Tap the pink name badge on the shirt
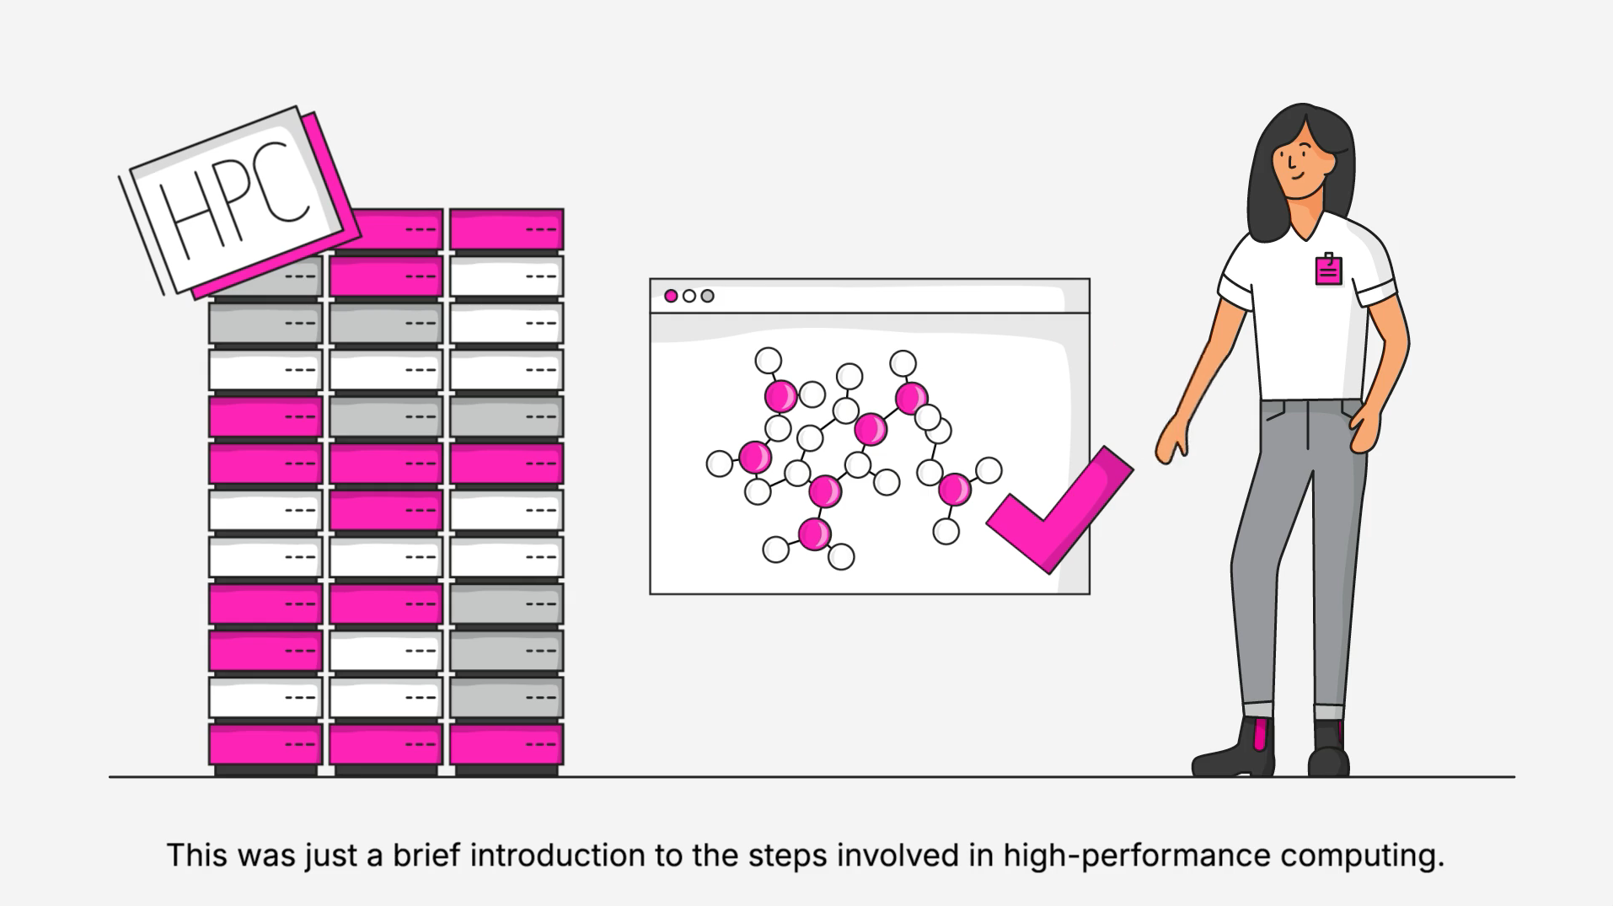(1328, 271)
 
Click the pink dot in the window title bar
(671, 296)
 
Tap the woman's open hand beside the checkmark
(1172, 440)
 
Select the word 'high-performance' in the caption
(1136, 855)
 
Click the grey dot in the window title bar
(708, 296)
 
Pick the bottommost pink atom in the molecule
(814, 534)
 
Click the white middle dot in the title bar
(689, 296)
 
